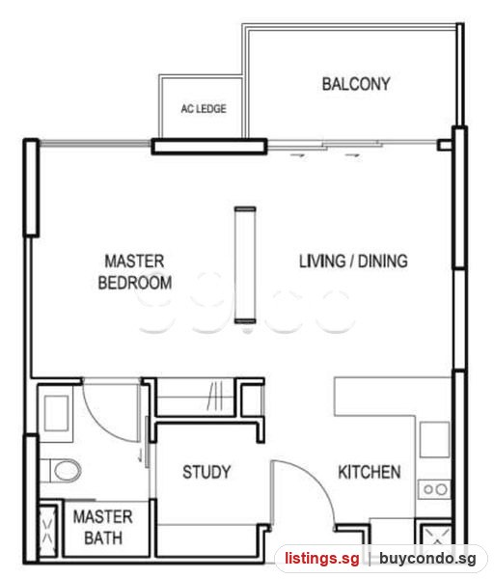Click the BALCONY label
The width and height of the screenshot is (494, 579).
[x=356, y=84]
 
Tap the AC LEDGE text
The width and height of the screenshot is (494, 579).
[x=204, y=108]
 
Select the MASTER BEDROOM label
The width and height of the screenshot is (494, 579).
[x=135, y=272]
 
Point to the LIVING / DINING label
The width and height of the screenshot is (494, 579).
[x=353, y=262]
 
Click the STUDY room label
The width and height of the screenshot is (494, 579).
[x=206, y=472]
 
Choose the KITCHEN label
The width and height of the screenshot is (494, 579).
[x=370, y=472]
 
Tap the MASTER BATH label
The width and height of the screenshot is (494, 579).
[x=103, y=527]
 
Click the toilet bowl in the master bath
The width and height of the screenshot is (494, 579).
[x=67, y=471]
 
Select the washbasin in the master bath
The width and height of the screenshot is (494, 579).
[x=56, y=413]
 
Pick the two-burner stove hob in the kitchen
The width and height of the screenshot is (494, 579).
[x=434, y=489]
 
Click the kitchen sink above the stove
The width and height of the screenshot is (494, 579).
[x=434, y=440]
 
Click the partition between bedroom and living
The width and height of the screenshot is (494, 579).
[x=245, y=265]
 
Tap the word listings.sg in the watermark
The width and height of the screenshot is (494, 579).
[x=321, y=558]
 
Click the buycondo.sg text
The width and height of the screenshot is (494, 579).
[x=427, y=558]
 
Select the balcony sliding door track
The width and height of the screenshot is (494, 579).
[x=352, y=145]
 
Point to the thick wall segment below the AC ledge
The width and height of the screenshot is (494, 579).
[x=209, y=147]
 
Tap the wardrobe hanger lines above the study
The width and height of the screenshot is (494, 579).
[x=215, y=396]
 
